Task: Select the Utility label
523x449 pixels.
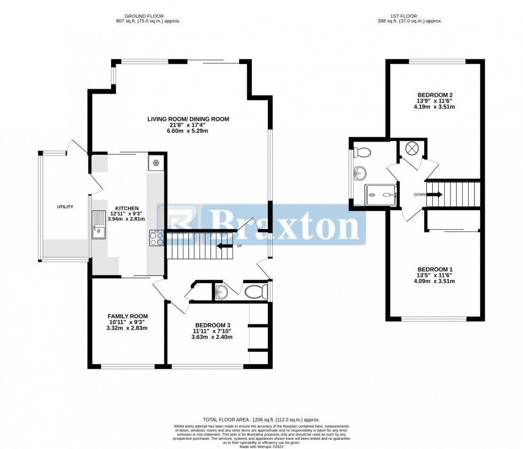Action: point(65,207)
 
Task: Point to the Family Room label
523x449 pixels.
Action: point(128,316)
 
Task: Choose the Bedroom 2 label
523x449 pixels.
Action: point(435,95)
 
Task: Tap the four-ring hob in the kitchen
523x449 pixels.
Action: point(157,238)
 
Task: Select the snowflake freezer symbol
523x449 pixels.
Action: point(156,163)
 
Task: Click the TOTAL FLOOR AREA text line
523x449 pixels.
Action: point(261,420)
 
